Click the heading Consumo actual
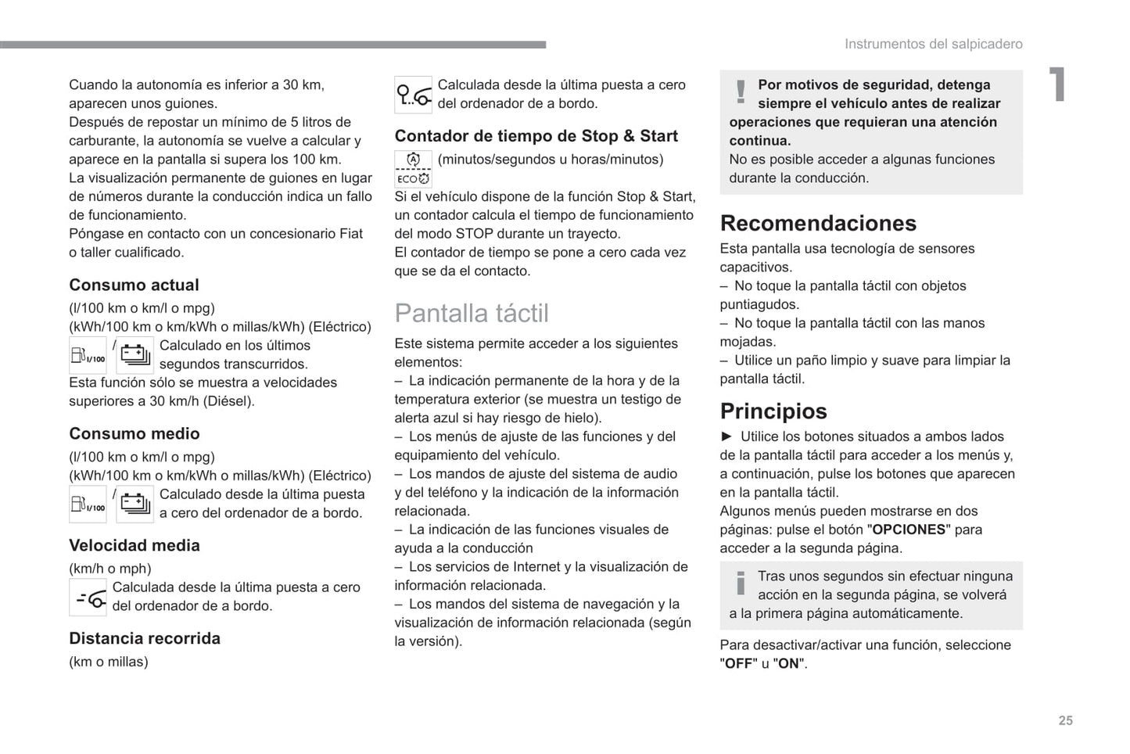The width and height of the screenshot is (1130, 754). click(134, 285)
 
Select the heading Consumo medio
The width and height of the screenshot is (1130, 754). click(134, 434)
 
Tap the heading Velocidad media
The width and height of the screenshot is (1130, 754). click(134, 546)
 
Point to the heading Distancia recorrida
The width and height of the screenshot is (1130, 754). click(145, 639)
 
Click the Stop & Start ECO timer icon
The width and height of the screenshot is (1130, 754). click(413, 169)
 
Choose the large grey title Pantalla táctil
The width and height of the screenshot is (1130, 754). click(471, 314)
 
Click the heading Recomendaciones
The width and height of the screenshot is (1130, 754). click(817, 224)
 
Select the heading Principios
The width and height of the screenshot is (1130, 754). click(773, 411)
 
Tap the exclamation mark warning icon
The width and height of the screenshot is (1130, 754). click(741, 92)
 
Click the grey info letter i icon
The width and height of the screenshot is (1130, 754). click(740, 583)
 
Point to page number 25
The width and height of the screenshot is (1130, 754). click(1065, 720)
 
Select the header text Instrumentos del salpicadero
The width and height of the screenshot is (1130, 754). click(933, 45)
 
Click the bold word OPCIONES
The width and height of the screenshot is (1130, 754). click(909, 530)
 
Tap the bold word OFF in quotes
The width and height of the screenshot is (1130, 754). click(738, 664)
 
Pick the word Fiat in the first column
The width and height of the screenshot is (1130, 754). click(350, 234)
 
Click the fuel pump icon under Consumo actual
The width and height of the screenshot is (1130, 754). click(88, 356)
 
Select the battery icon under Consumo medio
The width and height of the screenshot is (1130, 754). click(135, 504)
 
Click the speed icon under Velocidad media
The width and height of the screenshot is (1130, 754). click(88, 598)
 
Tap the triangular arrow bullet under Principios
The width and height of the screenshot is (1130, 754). click(726, 436)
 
